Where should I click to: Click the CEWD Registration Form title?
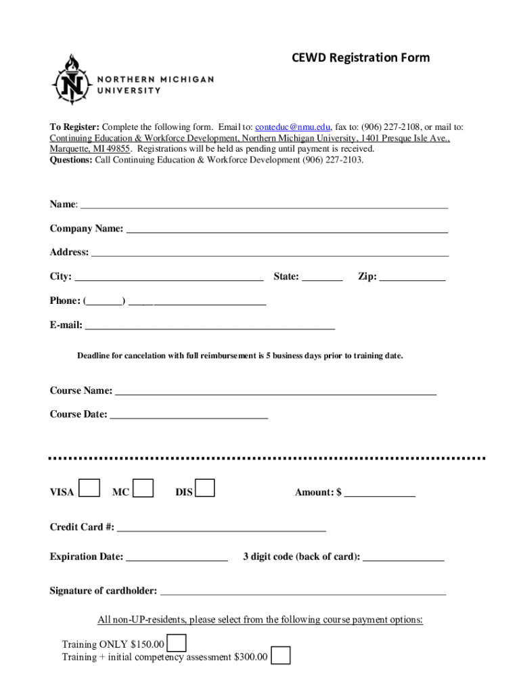[x=361, y=58]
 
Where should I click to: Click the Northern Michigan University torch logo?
[x=68, y=79]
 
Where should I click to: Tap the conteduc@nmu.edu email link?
[x=292, y=127]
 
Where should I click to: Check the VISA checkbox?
[x=89, y=488]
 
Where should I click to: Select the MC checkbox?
[x=143, y=488]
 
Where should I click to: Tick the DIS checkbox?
[x=204, y=488]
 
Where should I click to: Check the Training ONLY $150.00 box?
[x=176, y=643]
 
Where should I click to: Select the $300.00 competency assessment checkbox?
[x=281, y=656]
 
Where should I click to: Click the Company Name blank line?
[x=287, y=229]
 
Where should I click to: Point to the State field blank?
[x=322, y=277]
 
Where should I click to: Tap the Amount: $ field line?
[x=380, y=493]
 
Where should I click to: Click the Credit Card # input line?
[x=221, y=528]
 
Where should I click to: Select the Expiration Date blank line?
[x=177, y=558]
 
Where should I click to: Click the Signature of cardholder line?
[x=302, y=591]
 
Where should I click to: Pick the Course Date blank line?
[x=189, y=416]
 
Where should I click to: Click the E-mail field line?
[x=210, y=326]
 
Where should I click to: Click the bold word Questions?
[x=71, y=160]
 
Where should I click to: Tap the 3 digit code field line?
[x=403, y=558]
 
